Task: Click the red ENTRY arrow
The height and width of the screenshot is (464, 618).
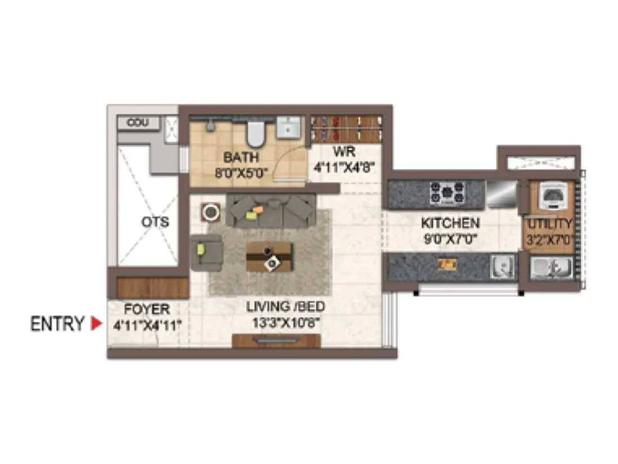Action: click(97, 324)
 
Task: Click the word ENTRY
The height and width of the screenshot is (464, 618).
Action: click(57, 324)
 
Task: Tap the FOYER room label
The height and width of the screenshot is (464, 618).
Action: click(147, 309)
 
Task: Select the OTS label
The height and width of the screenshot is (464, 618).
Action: click(155, 222)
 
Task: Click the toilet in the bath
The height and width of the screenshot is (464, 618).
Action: click(256, 133)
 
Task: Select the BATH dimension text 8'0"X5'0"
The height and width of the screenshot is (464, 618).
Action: click(240, 172)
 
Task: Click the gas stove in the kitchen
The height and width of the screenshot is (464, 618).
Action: click(447, 193)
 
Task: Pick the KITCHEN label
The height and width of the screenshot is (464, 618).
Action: click(450, 223)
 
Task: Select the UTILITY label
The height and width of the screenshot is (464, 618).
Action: click(549, 224)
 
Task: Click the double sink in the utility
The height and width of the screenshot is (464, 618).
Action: click(551, 267)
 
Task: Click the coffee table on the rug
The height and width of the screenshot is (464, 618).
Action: click(269, 257)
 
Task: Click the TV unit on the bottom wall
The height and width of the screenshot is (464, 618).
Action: click(276, 340)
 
